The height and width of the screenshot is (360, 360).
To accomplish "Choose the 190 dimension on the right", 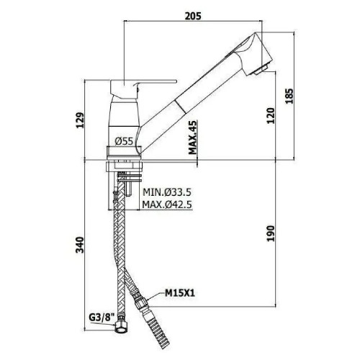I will point(269,233).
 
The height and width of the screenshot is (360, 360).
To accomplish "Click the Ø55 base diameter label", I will point(123,142).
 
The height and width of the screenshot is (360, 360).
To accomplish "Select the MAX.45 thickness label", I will point(194,137).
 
